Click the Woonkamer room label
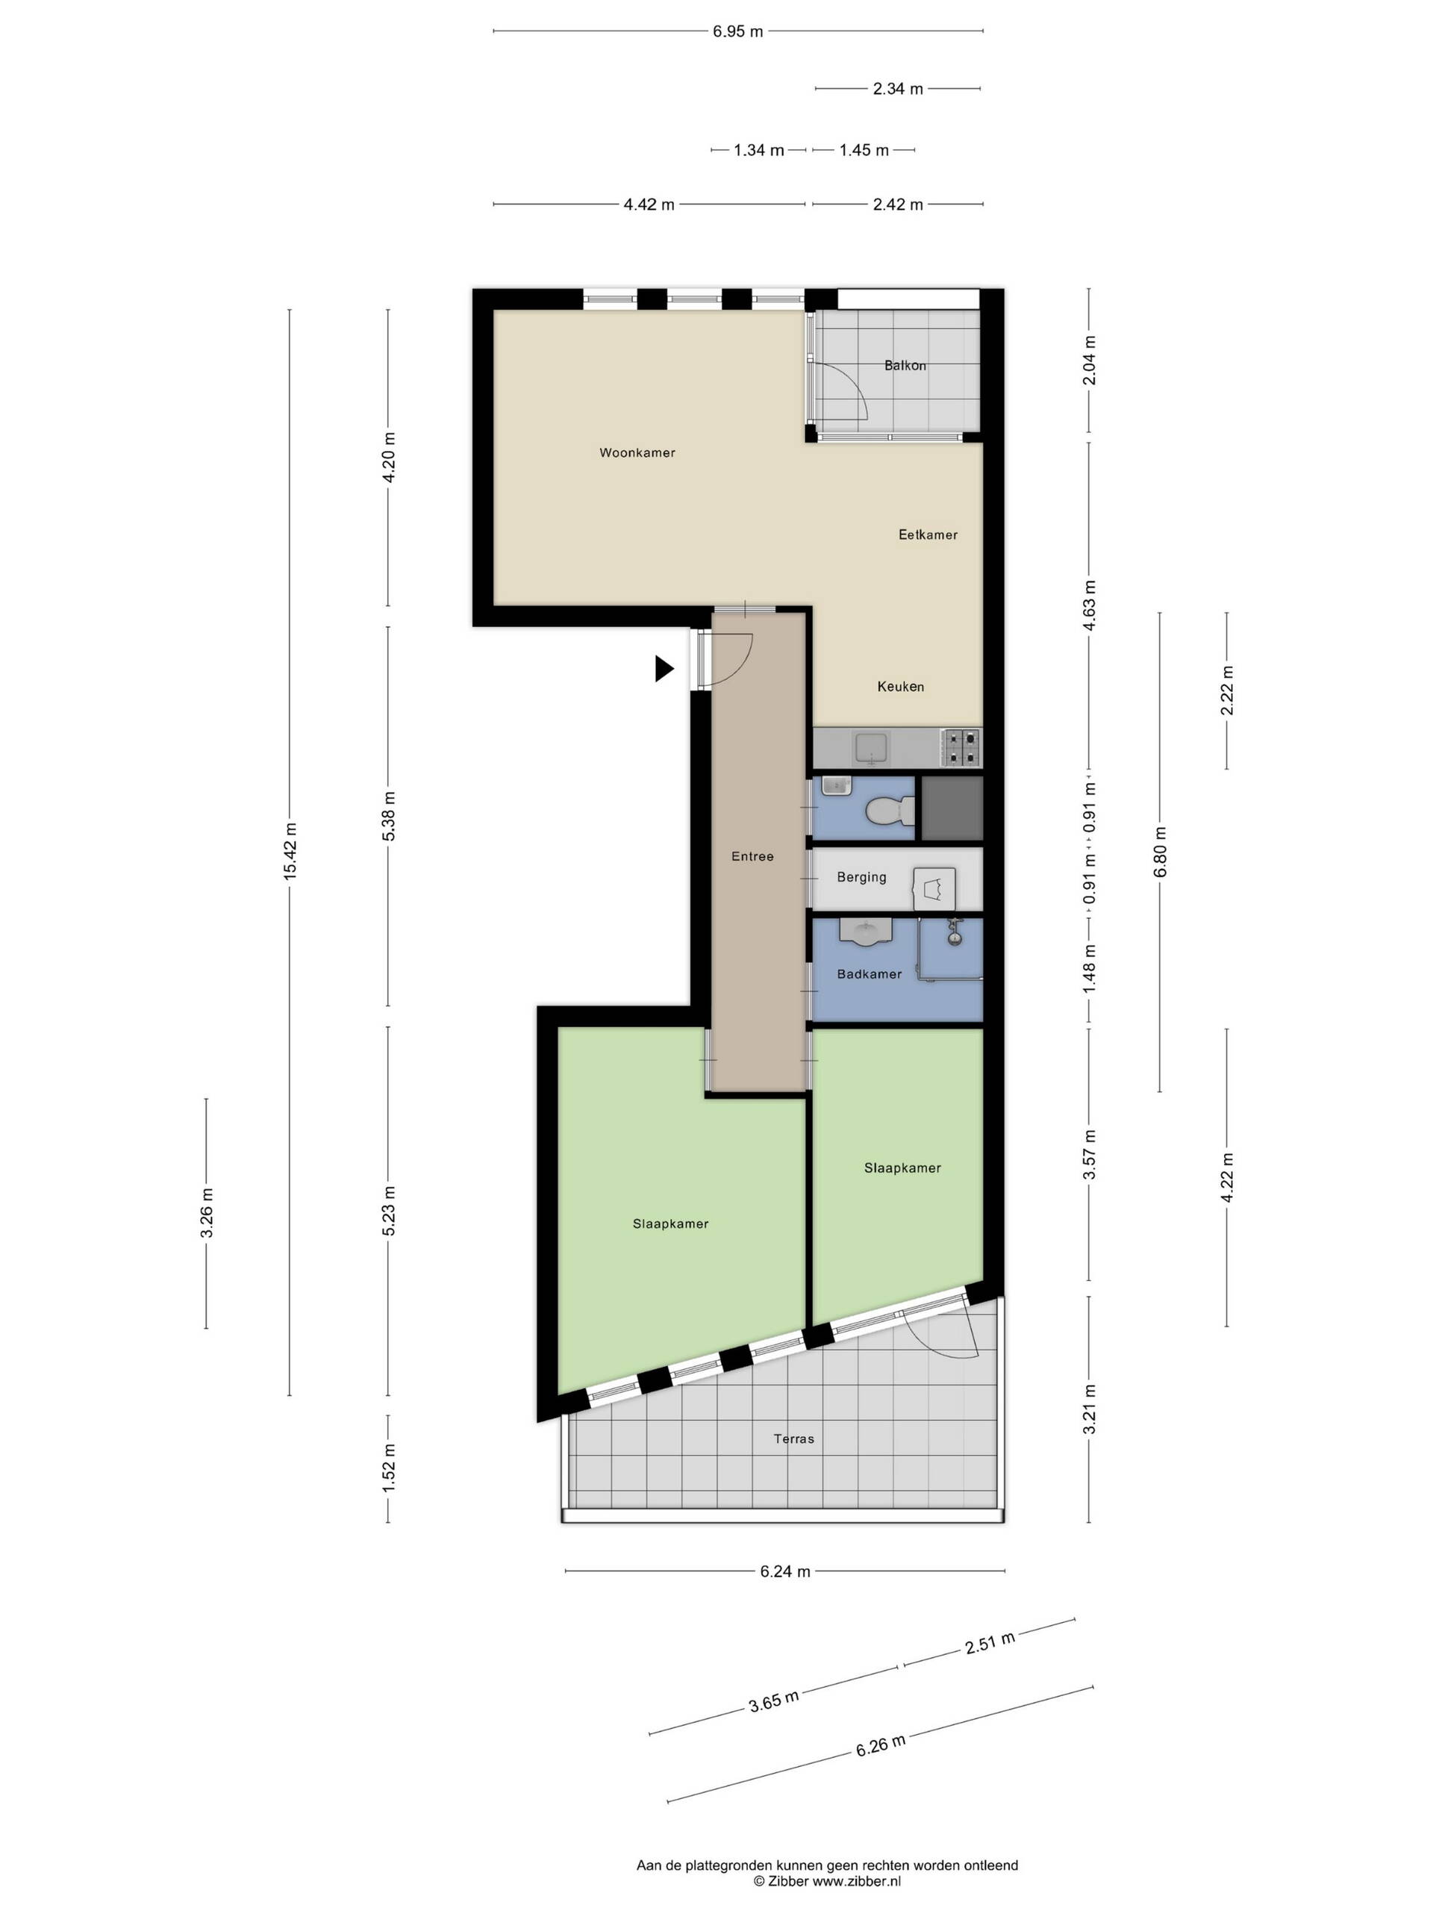tap(637, 452)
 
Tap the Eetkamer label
tap(928, 534)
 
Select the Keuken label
tap(900, 687)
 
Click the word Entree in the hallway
tap(752, 856)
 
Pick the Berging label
tap(861, 877)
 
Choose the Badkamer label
tap(869, 973)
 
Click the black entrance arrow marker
tap(664, 669)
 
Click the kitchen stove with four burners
tap(961, 748)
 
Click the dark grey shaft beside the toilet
tap(952, 808)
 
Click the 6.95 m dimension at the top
tap(737, 32)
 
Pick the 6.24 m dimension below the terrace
tap(785, 1571)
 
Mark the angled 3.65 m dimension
tap(774, 1701)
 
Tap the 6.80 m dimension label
tap(1160, 852)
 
